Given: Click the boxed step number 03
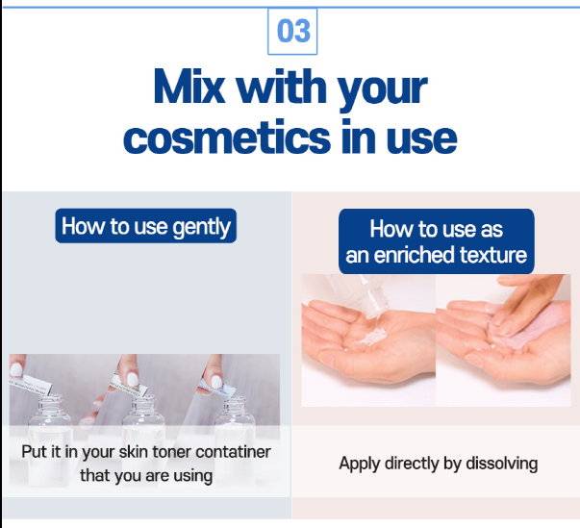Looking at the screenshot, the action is [x=292, y=31].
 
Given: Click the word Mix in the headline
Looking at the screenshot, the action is [x=189, y=87].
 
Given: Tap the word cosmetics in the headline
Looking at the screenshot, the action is [x=227, y=138].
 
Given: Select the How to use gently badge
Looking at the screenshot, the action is [x=146, y=226].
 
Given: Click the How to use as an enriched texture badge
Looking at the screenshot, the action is [x=437, y=241].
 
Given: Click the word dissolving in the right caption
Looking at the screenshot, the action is [x=501, y=464].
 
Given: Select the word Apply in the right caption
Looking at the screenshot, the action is [x=359, y=464].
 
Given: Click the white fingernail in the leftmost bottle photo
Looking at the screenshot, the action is [x=16, y=368].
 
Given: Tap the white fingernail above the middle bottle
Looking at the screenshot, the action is [x=133, y=379].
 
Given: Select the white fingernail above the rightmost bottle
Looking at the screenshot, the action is [x=216, y=381].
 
